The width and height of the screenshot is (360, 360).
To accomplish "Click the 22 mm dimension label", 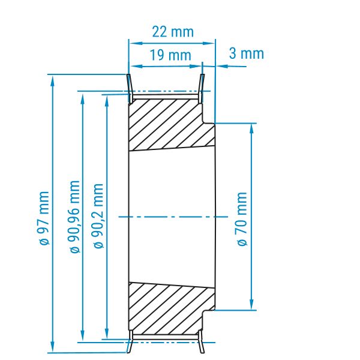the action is [x=173, y=32].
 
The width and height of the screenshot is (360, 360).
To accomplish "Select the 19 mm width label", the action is [x=170, y=55].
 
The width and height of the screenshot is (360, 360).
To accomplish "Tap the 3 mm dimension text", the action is [x=247, y=53].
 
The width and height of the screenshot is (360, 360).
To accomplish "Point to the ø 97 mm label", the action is [x=44, y=218].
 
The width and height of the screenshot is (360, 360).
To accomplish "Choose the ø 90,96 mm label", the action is [x=75, y=217].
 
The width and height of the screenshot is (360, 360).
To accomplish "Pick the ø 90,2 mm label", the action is [x=98, y=216].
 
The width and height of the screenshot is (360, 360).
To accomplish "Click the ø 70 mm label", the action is [x=242, y=219].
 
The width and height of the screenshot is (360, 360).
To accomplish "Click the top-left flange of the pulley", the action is [x=130, y=88].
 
